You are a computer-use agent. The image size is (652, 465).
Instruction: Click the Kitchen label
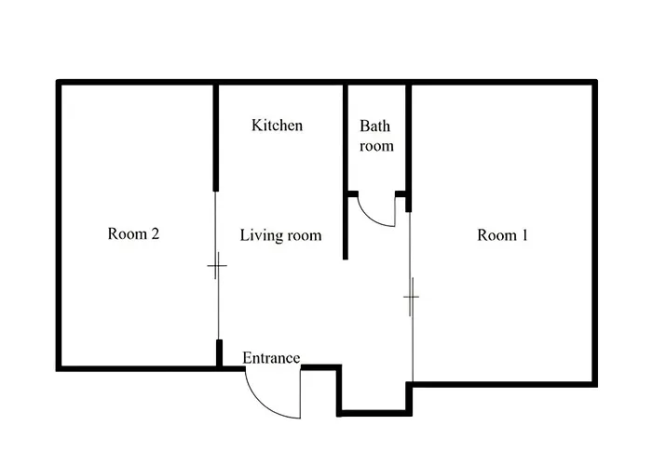click(277, 126)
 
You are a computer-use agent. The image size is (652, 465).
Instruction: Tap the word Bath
click(375, 126)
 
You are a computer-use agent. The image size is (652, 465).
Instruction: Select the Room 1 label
click(502, 235)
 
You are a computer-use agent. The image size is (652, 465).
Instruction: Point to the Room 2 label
click(133, 233)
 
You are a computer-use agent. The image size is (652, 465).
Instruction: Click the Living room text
click(280, 235)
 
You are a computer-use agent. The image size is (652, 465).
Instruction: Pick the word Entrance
click(271, 358)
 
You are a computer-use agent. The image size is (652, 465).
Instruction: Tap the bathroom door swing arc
click(372, 217)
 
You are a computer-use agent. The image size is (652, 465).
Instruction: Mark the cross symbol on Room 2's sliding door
click(217, 265)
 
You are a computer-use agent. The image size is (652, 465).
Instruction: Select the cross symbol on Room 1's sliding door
click(411, 297)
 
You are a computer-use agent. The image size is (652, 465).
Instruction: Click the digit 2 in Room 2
click(155, 233)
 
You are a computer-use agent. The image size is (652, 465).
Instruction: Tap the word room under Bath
click(376, 146)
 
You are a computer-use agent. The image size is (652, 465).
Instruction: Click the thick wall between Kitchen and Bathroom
click(346, 172)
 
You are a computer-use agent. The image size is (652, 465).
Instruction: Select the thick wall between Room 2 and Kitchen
click(216, 138)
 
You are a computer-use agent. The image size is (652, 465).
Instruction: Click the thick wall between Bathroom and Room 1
click(409, 148)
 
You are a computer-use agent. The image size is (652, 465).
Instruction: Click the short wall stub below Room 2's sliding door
click(219, 353)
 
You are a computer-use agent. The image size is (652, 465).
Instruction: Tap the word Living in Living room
click(257, 235)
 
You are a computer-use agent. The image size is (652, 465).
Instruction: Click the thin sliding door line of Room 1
click(412, 297)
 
